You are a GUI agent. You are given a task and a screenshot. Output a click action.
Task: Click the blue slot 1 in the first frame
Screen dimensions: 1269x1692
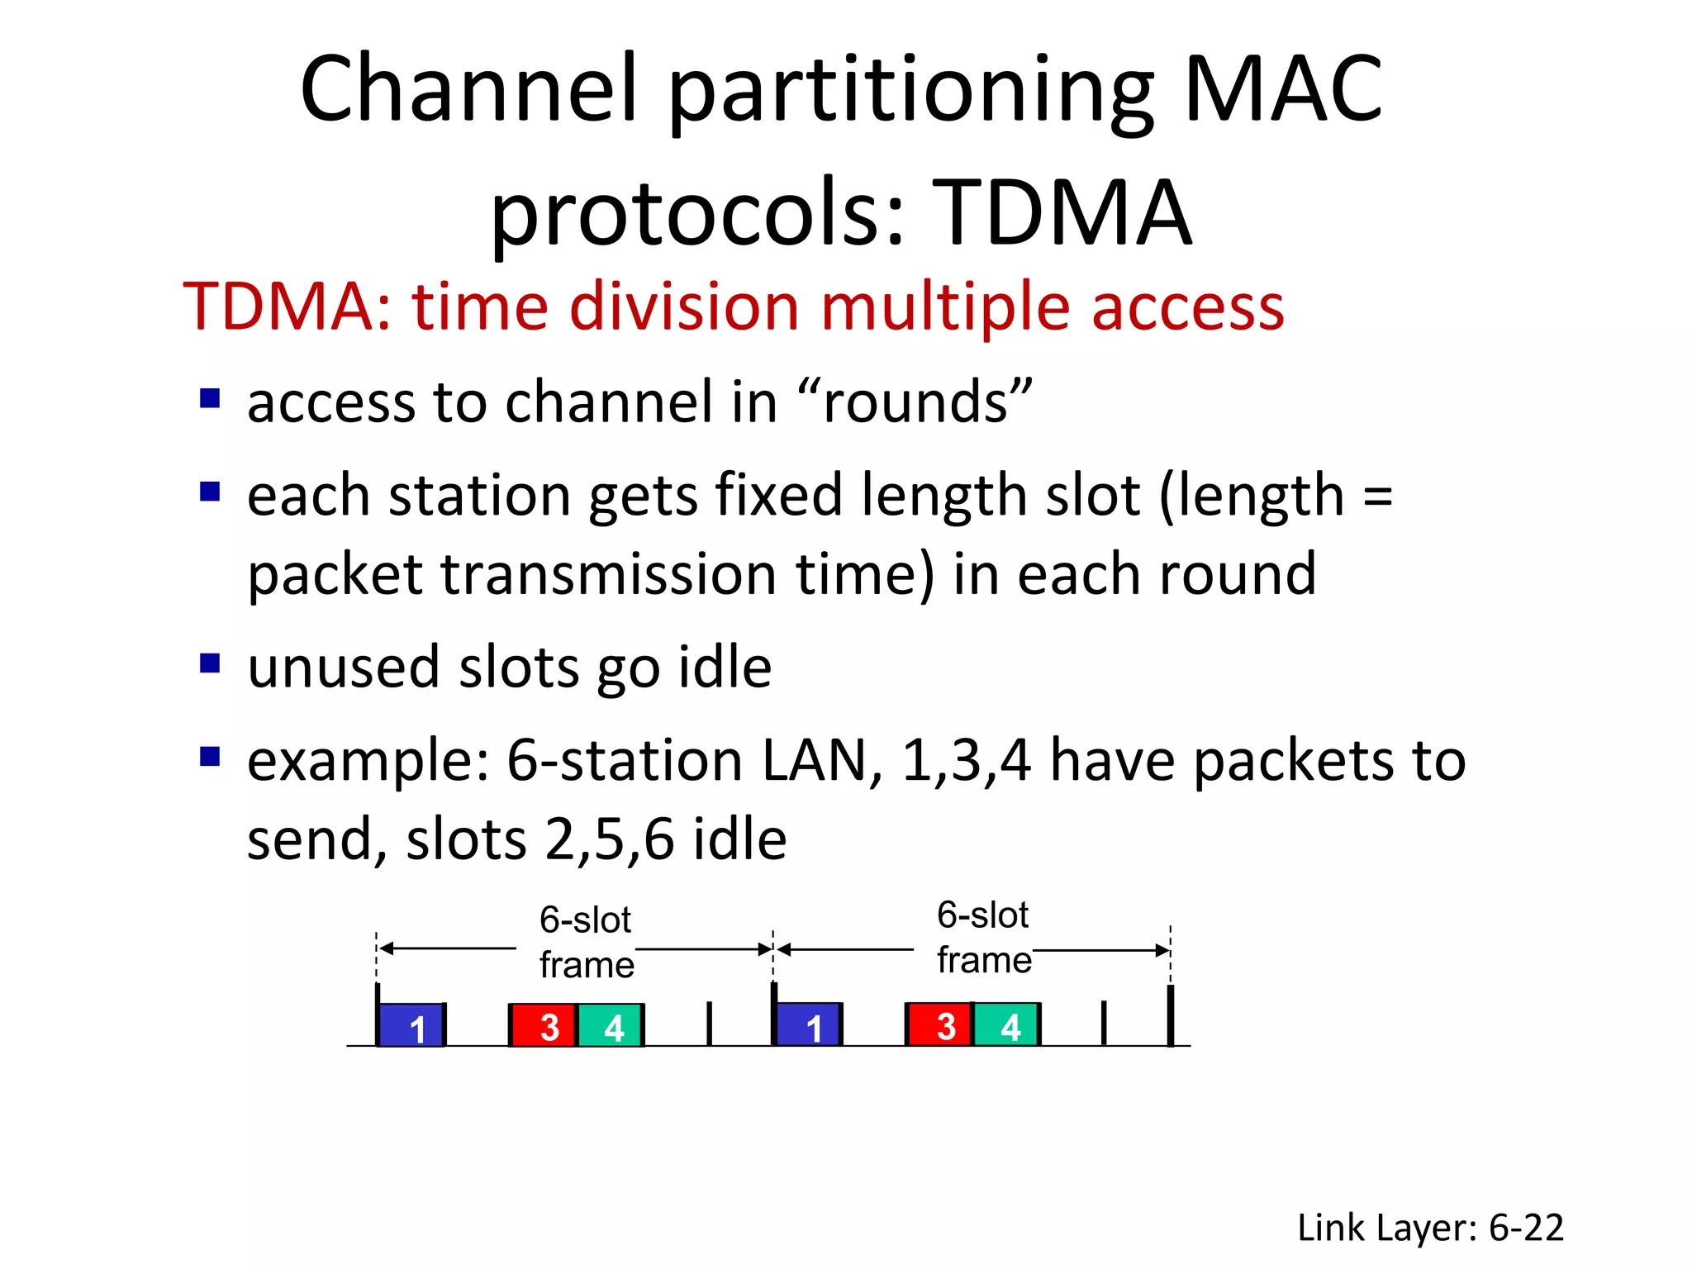411,1025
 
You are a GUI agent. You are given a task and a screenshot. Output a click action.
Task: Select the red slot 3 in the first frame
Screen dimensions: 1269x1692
544,1025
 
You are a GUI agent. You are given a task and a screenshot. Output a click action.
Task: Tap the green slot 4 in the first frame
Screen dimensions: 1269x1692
611,1025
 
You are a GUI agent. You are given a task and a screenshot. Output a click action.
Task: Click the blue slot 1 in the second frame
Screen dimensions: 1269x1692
808,1025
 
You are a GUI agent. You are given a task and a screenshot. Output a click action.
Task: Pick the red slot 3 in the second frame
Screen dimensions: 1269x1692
940,1025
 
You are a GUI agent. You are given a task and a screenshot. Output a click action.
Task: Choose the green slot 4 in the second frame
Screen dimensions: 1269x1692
1006,1025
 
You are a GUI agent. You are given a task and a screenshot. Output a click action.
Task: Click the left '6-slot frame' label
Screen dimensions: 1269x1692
586,943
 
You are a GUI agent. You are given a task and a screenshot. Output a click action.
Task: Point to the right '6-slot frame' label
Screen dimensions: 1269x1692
983,939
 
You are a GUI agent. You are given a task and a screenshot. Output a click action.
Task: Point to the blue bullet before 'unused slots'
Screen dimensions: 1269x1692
210,663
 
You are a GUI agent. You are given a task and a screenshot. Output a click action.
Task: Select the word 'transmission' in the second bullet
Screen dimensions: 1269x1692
609,574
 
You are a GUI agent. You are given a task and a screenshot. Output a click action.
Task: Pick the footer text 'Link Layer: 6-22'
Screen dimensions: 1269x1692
1430,1228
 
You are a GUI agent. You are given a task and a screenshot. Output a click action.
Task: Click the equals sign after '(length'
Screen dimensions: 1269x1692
1377,497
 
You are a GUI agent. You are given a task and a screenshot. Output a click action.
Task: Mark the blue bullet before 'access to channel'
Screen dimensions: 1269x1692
210,399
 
